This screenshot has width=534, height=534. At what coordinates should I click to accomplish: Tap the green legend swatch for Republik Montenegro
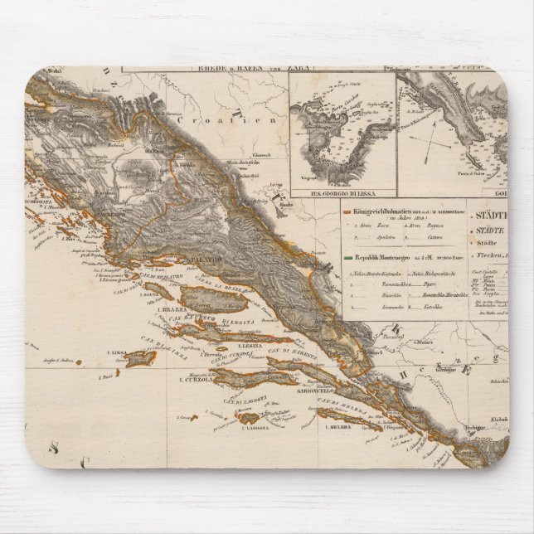347,257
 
